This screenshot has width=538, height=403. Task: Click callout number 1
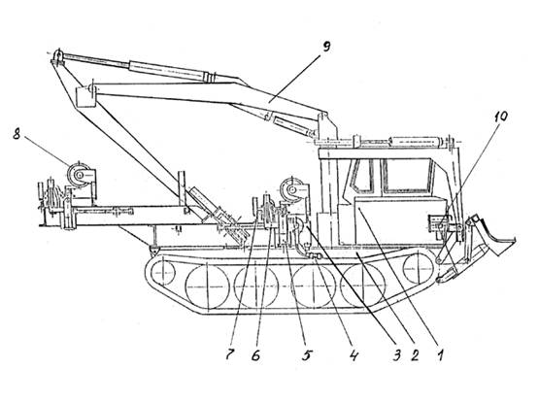pos(440,355)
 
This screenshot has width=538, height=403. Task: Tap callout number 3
pos(396,355)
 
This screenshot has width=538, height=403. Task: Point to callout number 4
pos(353,355)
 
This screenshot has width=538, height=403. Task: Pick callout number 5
pos(307,355)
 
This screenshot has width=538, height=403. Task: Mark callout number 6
pos(255,355)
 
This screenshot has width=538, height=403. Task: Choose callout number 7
pos(230,354)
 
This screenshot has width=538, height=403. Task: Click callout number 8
pos(17,134)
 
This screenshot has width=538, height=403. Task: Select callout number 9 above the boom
pos(326,47)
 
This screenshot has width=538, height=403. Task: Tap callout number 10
pos(500,117)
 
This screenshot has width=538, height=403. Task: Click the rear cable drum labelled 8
pos(80,175)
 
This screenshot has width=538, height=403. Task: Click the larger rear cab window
pos(407,176)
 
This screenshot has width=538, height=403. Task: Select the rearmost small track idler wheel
pos(162,272)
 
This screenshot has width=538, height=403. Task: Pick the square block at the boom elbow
pos(84,97)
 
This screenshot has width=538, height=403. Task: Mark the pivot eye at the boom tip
pos(58,55)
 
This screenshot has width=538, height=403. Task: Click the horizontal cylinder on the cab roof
pos(416,141)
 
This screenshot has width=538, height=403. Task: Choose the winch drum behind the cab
pos(291,189)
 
